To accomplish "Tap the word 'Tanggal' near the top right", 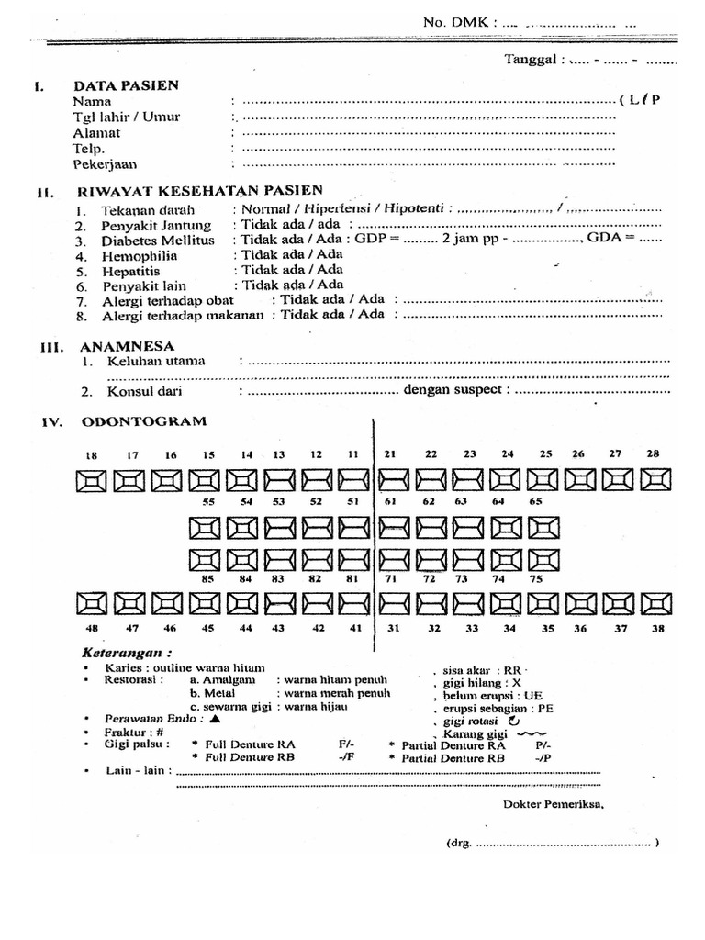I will click(533, 61).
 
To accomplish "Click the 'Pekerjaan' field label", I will click(103, 164).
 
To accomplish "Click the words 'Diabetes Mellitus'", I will click(145, 241).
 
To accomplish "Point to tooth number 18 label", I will click(91, 455).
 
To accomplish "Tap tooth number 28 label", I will click(653, 453).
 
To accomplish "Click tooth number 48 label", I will click(91, 629).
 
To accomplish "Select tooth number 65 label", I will click(536, 502).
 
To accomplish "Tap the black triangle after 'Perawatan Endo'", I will click(215, 720).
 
